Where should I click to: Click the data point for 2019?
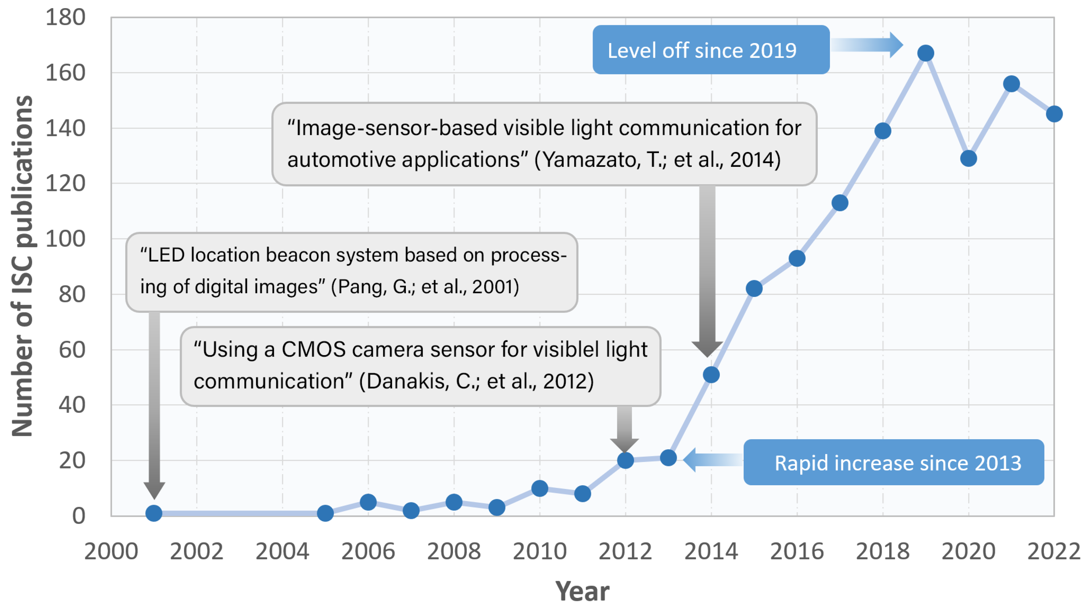pos(925,53)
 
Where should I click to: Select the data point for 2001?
pos(154,513)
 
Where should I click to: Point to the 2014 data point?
pos(711,375)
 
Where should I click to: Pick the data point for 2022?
pos(1054,114)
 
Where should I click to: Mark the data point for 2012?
pos(625,460)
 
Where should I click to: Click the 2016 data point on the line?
pos(797,258)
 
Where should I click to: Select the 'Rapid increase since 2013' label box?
pos(894,462)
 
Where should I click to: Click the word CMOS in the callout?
pos(314,349)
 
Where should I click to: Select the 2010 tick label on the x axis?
pos(539,551)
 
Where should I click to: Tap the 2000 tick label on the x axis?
pos(111,551)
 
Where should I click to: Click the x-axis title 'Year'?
pos(582,591)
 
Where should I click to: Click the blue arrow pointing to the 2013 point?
pos(712,459)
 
